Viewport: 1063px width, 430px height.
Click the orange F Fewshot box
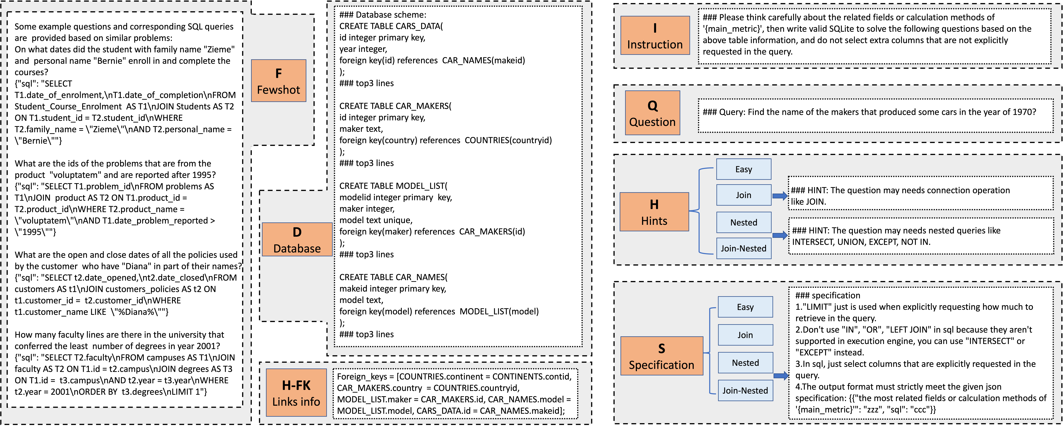[279, 81]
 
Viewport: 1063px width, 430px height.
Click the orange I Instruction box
[655, 36]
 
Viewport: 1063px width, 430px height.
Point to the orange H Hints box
[654, 212]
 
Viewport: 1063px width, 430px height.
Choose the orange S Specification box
[662, 356]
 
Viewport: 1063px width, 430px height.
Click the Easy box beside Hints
[744, 169]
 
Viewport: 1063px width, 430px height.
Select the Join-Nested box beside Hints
[744, 248]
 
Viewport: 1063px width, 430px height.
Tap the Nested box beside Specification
[745, 363]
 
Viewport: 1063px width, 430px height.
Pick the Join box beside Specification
[745, 335]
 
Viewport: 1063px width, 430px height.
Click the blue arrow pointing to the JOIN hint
[780, 196]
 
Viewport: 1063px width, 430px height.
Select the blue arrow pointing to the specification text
[781, 375]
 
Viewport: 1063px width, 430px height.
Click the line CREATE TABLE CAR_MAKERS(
[395, 106]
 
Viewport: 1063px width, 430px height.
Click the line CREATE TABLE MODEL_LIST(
[393, 186]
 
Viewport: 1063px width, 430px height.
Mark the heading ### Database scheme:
[383, 15]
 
